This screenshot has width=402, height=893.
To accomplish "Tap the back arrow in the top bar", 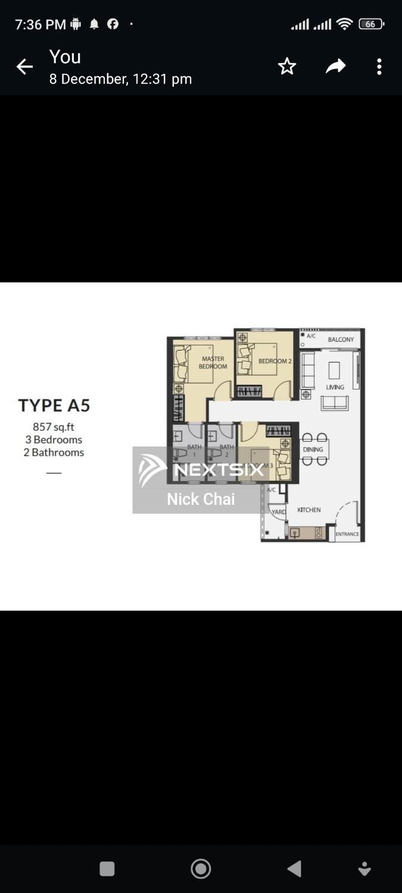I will coord(24,67).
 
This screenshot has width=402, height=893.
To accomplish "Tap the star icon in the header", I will coord(287,67).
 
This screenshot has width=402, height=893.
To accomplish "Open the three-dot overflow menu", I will coord(379,67).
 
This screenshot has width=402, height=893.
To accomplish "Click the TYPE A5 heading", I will coord(54,406).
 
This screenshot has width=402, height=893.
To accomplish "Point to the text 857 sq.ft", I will coord(54,427).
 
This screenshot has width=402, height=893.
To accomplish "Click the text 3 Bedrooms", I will coord(54,440).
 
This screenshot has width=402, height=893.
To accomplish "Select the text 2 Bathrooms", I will coord(54,452).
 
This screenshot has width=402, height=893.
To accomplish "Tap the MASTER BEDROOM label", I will coord(213,363).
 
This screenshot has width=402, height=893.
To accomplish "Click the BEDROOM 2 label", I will coord(275,361).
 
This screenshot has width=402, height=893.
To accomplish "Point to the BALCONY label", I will coord(341,339).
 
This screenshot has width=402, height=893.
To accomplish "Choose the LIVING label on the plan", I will coord(335,387).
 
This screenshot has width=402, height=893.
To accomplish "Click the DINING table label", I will coord(313,449).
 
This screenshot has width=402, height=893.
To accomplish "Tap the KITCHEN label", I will coord(309,510).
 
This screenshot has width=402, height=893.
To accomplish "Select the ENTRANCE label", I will coord(347,534).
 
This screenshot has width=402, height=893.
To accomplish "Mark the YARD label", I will coord(279,512).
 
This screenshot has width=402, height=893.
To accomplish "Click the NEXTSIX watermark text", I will coord(219,470).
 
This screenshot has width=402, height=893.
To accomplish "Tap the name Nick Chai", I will coord(201,499).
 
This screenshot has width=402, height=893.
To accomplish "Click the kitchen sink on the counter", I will coord(294,533).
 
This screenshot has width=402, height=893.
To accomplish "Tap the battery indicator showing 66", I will coord(370,24).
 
